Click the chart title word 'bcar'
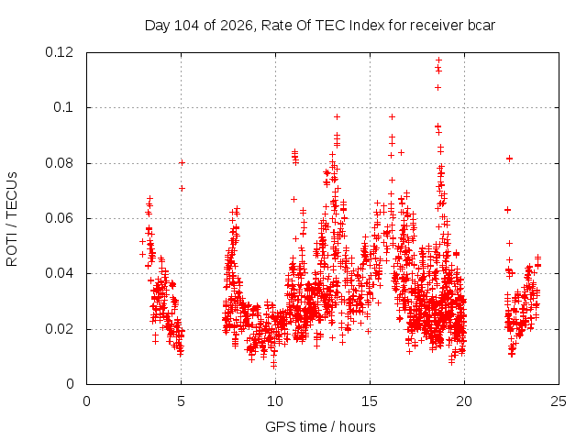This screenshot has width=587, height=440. pos(481,26)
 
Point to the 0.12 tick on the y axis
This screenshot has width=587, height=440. pos(59,52)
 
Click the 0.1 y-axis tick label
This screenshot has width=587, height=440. pos(63,107)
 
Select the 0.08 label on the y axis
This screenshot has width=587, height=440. pos(59,163)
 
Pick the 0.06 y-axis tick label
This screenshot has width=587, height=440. pos(59,218)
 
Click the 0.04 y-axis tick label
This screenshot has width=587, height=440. pos(59,273)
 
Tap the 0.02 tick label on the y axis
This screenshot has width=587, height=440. pos(59,329)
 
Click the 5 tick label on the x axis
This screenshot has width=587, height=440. pos(182,401)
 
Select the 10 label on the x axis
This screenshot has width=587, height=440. pos(275,401)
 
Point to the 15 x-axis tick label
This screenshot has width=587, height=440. pos(370,401)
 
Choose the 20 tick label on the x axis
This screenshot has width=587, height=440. pos(464,401)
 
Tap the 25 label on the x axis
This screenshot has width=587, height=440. pos(559,401)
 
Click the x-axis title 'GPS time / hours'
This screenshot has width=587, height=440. pos(320,427)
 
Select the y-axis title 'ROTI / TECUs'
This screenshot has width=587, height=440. pos(12,219)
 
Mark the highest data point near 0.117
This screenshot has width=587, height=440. pos(438,60)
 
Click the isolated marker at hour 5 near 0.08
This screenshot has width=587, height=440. pos(182,163)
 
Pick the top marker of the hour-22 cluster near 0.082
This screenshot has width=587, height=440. pos(509,159)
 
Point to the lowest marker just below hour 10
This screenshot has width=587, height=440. pos(274,365)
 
